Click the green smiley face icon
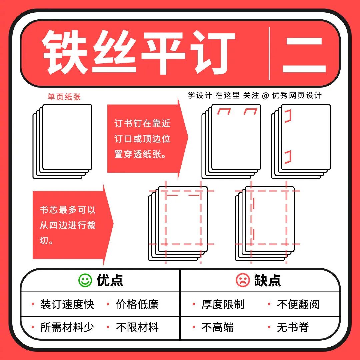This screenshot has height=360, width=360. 85,280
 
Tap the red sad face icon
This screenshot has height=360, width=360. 242,280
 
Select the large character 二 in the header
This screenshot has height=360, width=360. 304,55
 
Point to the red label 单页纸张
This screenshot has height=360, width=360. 64,97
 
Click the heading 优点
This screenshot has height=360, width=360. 110,280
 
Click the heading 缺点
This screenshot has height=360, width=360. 267,280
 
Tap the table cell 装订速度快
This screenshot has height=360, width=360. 67,304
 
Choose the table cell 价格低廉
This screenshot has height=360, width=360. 137,304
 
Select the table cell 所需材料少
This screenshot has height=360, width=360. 67,327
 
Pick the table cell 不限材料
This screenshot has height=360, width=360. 137,327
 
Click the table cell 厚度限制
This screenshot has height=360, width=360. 223,304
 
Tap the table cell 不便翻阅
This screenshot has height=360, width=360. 298,304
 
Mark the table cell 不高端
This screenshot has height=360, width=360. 217,327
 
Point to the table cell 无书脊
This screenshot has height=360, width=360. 293,327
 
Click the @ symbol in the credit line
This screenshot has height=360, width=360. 265,96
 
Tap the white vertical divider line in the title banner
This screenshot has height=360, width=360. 269,53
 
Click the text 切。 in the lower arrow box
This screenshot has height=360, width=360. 47,240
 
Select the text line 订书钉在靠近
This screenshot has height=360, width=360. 142,123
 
